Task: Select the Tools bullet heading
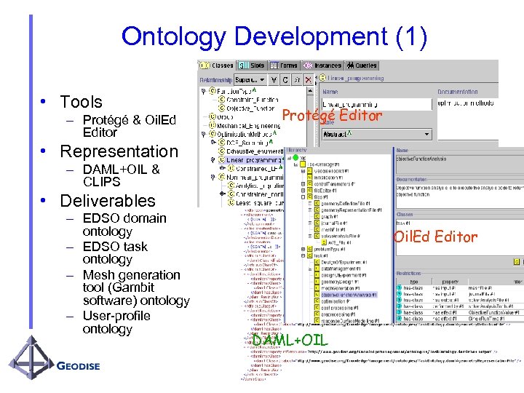pyautogui.click(x=81, y=102)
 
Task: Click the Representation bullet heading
pyautogui.click(x=119, y=151)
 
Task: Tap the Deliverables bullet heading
pyautogui.click(x=108, y=201)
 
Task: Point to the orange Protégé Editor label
pyautogui.click(x=331, y=116)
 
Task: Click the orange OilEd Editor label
pyautogui.click(x=435, y=237)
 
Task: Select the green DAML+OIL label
pyautogui.click(x=290, y=341)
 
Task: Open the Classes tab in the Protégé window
pyautogui.click(x=216, y=65)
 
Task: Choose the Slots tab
pyautogui.click(x=254, y=65)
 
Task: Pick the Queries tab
pyautogui.click(x=362, y=65)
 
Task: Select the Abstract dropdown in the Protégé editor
pyautogui.click(x=342, y=134)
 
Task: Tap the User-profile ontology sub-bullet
pyautogui.click(x=116, y=322)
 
